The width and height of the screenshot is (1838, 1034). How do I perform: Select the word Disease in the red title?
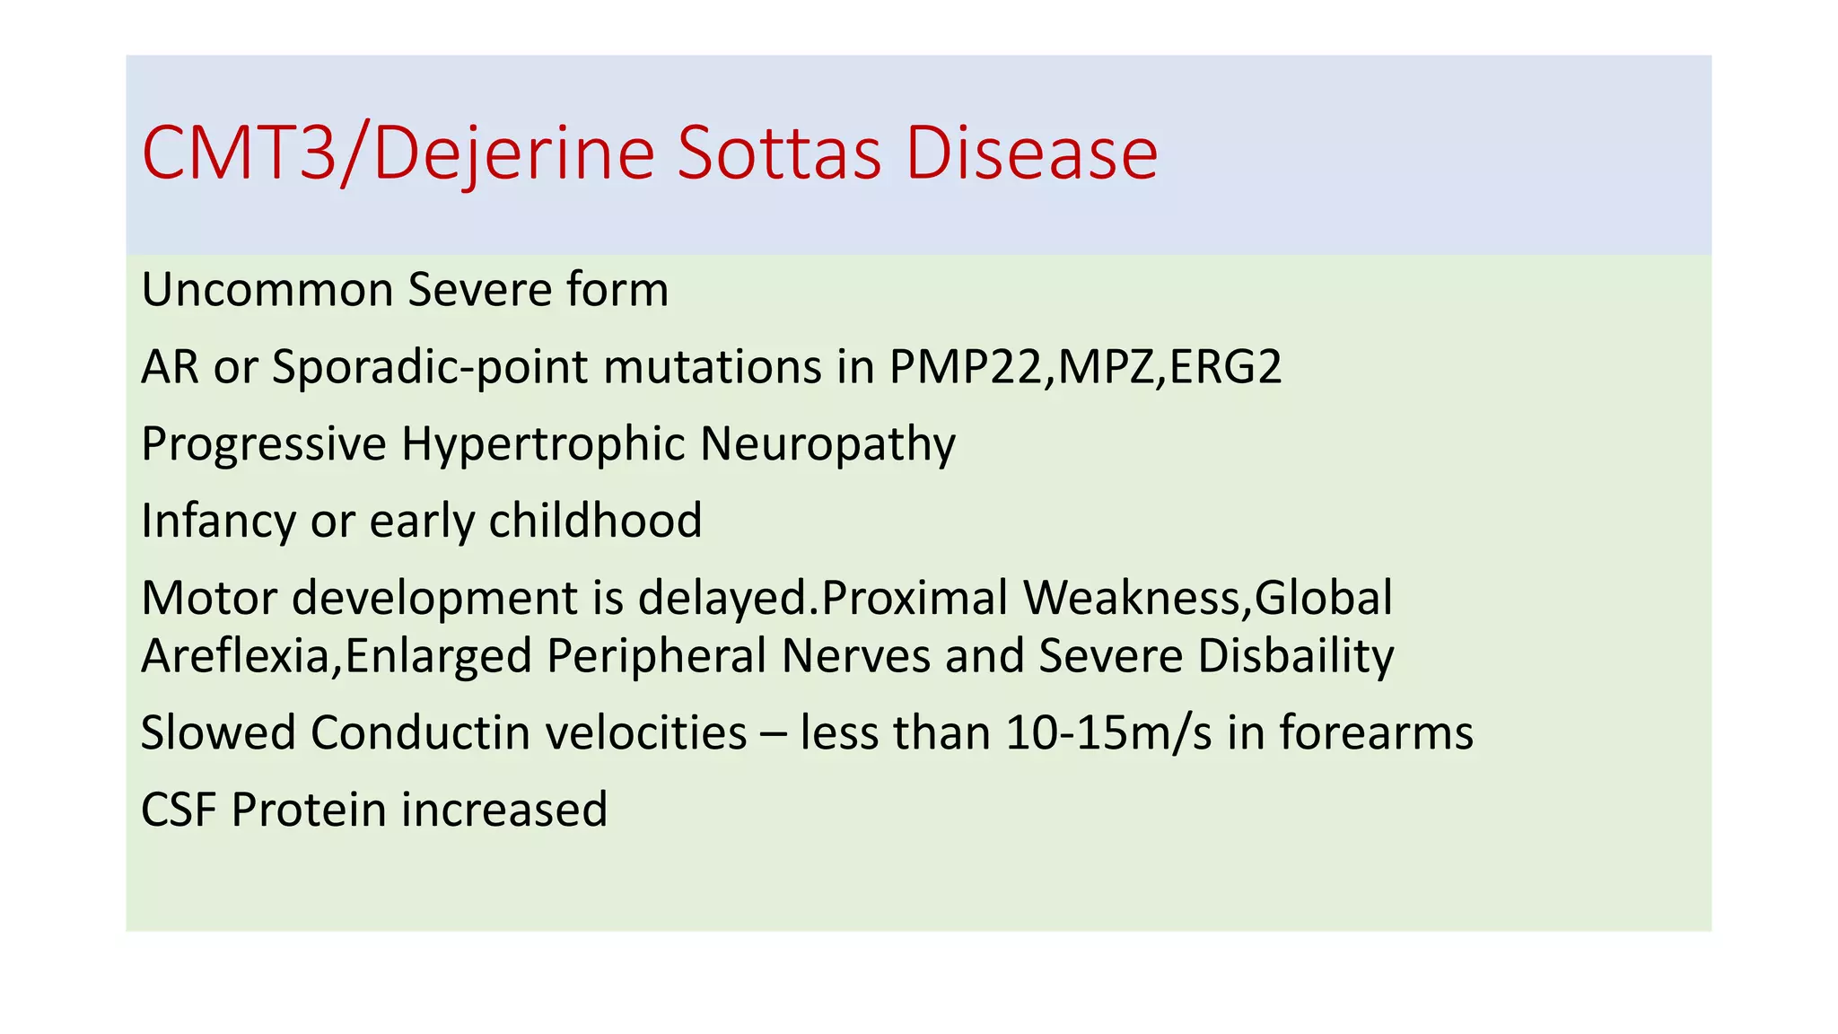[1031, 154]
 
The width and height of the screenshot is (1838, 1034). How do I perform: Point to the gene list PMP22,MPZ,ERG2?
[1085, 367]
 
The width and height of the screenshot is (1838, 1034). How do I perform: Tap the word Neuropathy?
[827, 444]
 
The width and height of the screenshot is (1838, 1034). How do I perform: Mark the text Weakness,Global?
[1208, 599]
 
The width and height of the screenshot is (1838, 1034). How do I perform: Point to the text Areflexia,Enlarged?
[337, 656]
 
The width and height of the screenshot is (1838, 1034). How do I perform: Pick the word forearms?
[1376, 733]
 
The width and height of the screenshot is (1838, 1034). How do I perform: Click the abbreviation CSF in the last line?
[179, 810]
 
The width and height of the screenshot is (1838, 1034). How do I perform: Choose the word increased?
[504, 810]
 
